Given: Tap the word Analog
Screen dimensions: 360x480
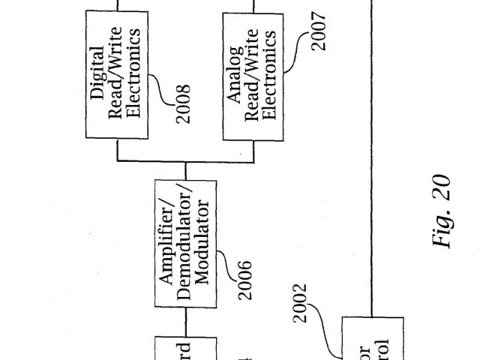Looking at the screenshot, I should pyautogui.click(x=233, y=76).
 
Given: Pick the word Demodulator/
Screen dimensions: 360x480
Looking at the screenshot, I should pyautogui.click(x=184, y=245).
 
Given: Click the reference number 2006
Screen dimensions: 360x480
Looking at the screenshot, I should pyautogui.click(x=244, y=278).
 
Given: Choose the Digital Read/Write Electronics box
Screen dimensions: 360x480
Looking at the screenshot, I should pyautogui.click(x=116, y=76).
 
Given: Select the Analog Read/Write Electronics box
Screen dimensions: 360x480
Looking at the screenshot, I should pyautogui.click(x=251, y=76).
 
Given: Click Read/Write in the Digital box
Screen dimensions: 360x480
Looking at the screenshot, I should pyautogui.click(x=115, y=76).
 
